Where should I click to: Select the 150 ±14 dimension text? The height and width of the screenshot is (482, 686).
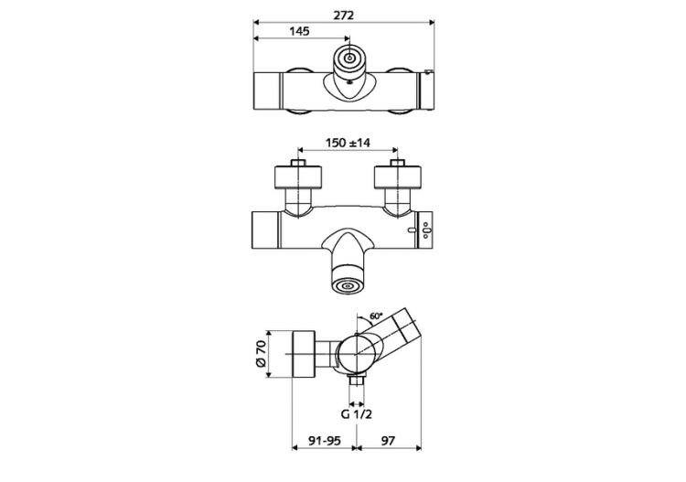coord(348,144)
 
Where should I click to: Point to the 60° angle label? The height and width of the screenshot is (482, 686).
coord(376,317)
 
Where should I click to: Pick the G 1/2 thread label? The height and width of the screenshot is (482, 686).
coord(356,413)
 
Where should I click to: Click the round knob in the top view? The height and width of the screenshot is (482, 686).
coord(348,60)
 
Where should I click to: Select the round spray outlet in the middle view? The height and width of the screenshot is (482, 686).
coord(348,285)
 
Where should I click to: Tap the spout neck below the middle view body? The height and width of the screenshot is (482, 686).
coord(348,252)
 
